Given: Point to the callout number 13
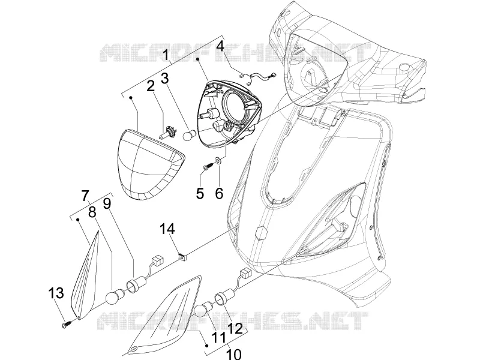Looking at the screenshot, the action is pos(56,293).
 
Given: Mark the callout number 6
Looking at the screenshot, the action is pos(219,193).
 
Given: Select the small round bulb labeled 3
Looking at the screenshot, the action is pos(187,136).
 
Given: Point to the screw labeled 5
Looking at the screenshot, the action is pos(208,166).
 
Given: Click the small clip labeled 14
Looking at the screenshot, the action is pos(183,257).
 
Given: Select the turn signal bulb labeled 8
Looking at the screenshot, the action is pos(114,296).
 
